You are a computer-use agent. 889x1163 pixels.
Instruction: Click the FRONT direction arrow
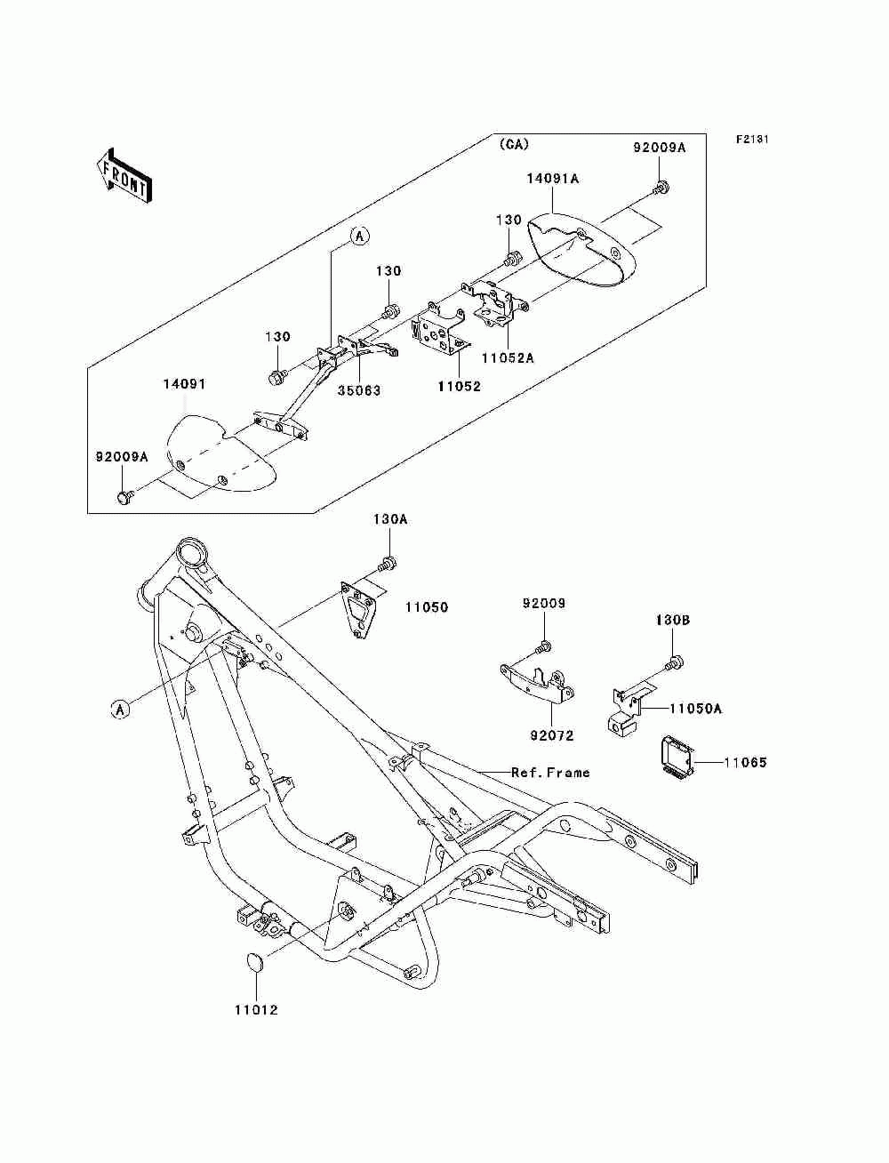point(124,174)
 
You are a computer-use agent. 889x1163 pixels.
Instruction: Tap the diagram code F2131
point(752,140)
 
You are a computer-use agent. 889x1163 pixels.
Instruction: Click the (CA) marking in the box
point(513,144)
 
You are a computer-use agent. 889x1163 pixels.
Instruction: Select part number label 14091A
point(552,179)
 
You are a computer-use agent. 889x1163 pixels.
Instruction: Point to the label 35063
point(359,390)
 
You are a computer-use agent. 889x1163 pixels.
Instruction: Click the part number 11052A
point(508,358)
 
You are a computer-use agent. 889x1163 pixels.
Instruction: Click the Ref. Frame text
point(550,773)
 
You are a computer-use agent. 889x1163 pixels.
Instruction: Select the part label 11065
point(745,762)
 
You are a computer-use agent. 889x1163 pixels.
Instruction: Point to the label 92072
point(551,735)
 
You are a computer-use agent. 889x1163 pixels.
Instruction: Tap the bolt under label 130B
point(675,662)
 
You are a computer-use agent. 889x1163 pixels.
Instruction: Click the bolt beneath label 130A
point(388,565)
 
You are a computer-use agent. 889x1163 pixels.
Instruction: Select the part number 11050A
point(695,709)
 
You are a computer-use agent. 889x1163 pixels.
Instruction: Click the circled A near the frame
point(120,710)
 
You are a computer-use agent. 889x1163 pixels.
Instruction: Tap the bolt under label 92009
point(542,647)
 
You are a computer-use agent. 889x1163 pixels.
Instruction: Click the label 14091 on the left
point(184,383)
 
